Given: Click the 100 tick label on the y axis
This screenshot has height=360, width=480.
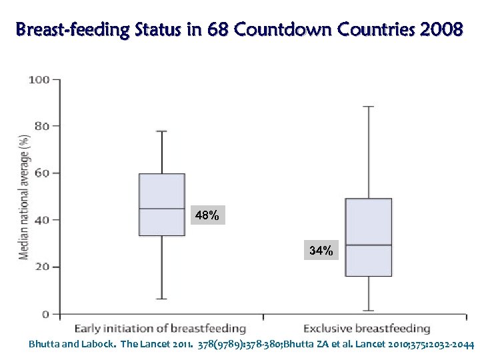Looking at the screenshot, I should [x=39, y=80].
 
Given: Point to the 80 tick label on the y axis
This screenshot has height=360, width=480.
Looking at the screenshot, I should [x=41, y=126].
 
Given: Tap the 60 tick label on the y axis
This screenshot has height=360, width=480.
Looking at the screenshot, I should [x=41, y=173].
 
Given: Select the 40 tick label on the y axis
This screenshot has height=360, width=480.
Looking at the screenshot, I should [x=41, y=220].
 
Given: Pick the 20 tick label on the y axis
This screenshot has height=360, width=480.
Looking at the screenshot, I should [x=41, y=267].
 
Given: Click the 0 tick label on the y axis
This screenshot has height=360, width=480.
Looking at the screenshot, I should [x=45, y=314].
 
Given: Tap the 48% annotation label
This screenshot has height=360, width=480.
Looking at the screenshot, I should [x=207, y=215].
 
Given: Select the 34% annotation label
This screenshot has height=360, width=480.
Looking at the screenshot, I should [x=321, y=251].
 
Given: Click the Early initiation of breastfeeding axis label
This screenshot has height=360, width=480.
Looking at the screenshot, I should [x=160, y=329].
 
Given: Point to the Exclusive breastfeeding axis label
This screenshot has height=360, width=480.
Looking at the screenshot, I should [x=367, y=329].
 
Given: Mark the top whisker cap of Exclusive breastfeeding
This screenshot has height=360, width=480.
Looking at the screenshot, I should [x=369, y=107].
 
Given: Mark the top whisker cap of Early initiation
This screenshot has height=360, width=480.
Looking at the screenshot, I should [x=162, y=131].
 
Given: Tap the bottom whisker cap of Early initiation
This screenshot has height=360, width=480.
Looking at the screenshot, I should [x=162, y=299].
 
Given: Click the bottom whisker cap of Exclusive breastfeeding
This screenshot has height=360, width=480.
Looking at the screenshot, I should [x=369, y=311].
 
